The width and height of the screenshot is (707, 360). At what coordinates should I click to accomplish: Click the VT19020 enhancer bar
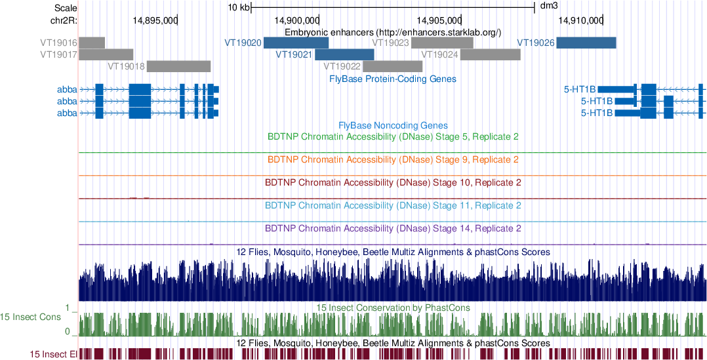pos(296,43)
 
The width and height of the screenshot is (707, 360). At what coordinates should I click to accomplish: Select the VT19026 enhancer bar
pos(586,43)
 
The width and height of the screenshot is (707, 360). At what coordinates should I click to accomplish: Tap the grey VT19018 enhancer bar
pos(178,66)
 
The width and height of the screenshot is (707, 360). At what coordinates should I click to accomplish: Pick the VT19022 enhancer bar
pos(392,66)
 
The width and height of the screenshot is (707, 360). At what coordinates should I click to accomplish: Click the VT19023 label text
pos(390,43)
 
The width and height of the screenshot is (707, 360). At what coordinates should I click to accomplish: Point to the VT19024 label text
pos(439,54)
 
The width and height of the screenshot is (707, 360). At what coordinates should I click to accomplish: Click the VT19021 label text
pos(293,54)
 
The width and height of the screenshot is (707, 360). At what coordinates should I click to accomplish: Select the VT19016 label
pos(58,43)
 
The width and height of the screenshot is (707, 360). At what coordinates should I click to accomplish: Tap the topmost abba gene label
pos(66,89)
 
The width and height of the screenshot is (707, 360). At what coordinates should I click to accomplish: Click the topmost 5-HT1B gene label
pos(580,89)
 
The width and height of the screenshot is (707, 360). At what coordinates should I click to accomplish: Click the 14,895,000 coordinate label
pos(154,20)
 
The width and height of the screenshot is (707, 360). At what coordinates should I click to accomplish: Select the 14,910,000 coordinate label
pos(581,20)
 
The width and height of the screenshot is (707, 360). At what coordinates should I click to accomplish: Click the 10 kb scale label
pos(238,8)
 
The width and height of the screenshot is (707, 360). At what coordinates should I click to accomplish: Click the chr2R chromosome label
pos(64,20)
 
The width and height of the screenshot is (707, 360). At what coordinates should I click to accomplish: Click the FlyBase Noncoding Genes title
pos(393,125)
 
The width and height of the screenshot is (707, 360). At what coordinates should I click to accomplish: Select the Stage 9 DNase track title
pos(394,159)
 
